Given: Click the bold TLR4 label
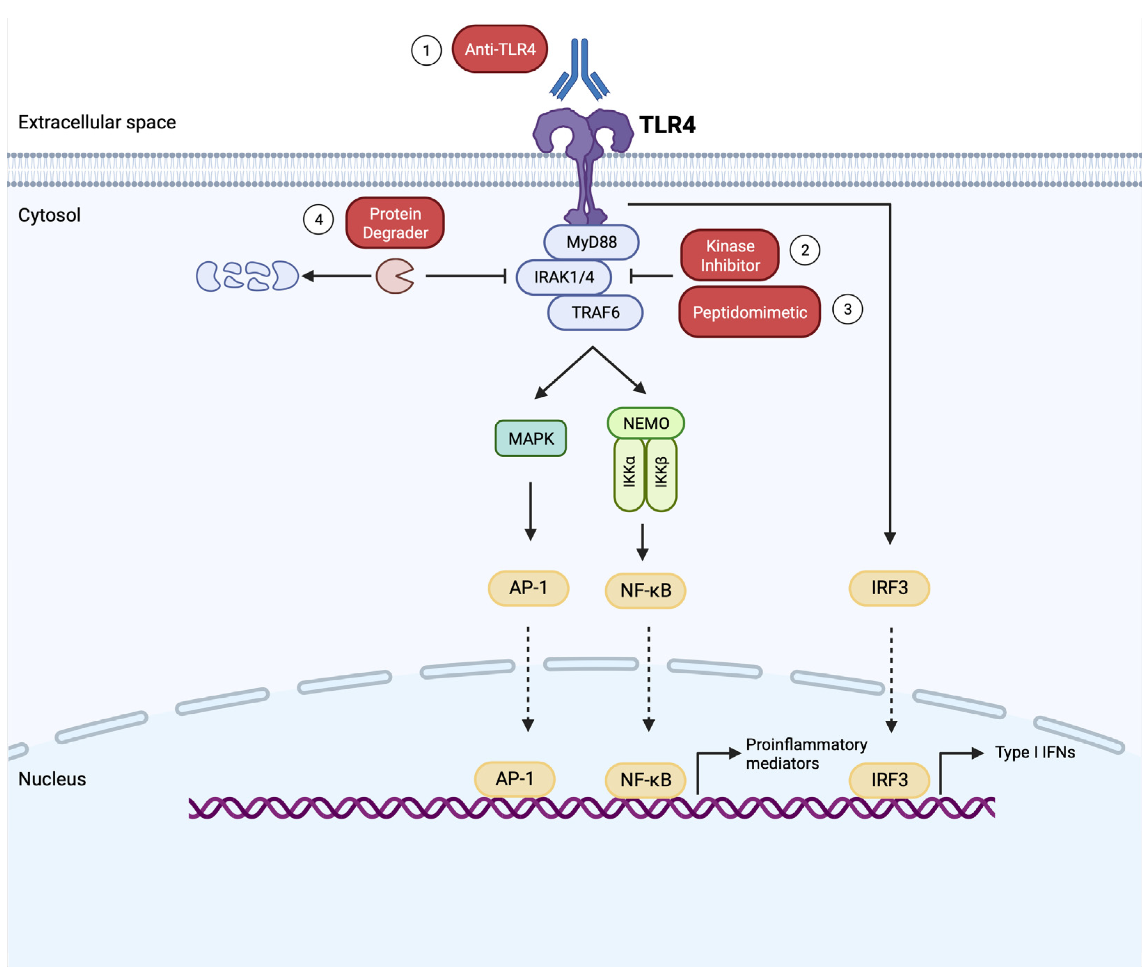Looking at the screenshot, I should [667, 125].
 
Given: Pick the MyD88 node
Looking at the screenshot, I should [591, 242].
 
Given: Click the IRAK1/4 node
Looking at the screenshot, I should [563, 277].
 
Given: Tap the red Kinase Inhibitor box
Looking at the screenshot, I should [730, 255].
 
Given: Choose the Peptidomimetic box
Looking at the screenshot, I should [749, 312].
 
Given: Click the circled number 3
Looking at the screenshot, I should [847, 309].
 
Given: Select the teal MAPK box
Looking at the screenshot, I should [530, 438].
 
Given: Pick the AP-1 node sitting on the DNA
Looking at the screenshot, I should [514, 778].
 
